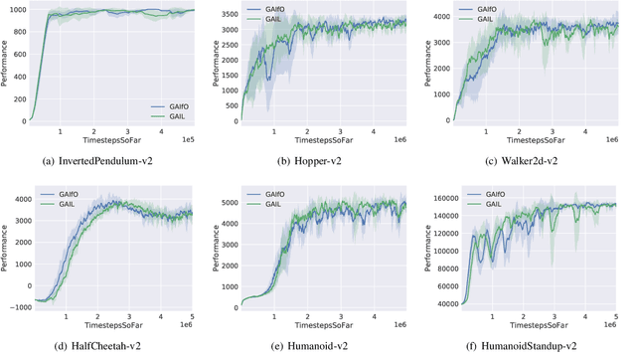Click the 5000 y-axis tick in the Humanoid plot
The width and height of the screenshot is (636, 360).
pyautogui.click(x=228, y=202)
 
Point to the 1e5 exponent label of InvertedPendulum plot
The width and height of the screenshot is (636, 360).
pyautogui.click(x=188, y=143)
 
